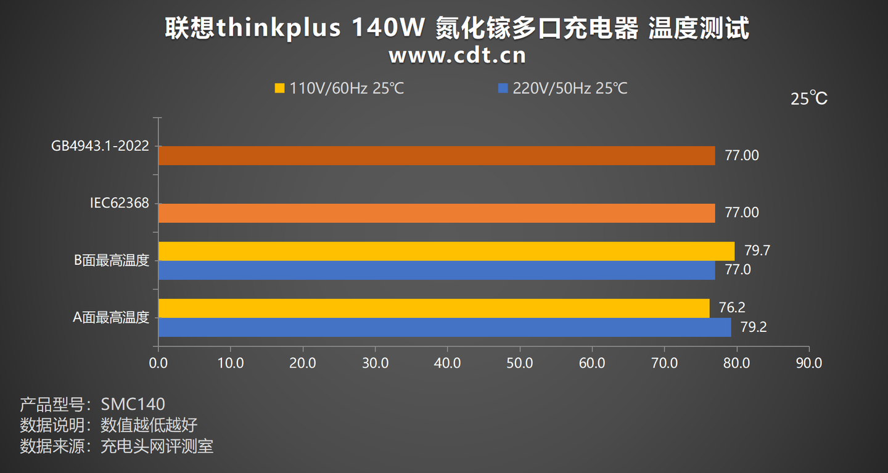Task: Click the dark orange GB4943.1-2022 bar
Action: (437, 156)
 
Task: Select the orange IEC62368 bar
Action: (437, 213)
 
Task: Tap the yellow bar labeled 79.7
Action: (446, 251)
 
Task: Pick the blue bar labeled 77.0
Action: (437, 270)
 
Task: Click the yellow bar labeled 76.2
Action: (434, 308)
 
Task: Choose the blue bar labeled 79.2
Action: (445, 327)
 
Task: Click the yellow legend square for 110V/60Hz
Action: (279, 89)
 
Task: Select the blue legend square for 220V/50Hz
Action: (503, 89)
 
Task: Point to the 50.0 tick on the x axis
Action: (520, 363)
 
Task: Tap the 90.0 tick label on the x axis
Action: (808, 363)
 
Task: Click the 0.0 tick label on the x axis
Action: (158, 363)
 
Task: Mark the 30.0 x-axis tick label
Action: (375, 363)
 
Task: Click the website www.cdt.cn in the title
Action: (457, 55)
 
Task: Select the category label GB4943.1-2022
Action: (101, 147)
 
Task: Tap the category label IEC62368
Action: (119, 203)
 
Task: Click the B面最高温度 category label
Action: (112, 261)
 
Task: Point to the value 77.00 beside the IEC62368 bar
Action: (742, 213)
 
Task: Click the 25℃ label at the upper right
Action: (809, 99)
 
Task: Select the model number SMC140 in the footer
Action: (133, 405)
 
